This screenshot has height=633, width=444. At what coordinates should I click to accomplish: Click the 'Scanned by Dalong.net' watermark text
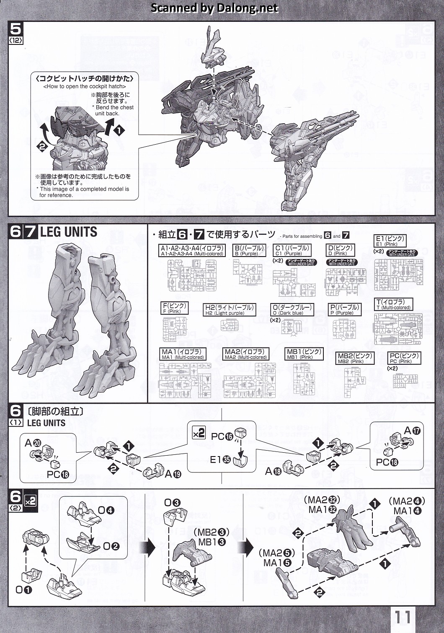214,8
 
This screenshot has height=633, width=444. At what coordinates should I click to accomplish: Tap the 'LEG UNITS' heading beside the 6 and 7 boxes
69,232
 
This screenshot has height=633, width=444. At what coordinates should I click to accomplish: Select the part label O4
106,510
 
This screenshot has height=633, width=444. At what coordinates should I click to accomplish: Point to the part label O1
23,590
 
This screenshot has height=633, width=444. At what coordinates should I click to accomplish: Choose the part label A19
173,474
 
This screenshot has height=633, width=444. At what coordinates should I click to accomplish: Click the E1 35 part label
220,459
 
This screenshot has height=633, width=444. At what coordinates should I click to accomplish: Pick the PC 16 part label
222,436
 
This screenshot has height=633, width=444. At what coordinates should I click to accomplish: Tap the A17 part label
412,431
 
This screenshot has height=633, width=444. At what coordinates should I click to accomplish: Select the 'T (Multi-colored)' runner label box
393,304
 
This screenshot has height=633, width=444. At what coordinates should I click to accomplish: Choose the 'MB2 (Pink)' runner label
355,358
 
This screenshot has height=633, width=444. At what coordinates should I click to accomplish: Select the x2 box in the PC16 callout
199,433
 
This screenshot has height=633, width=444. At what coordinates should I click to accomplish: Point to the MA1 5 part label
277,563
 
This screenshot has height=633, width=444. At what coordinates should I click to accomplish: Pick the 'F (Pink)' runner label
174,308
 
